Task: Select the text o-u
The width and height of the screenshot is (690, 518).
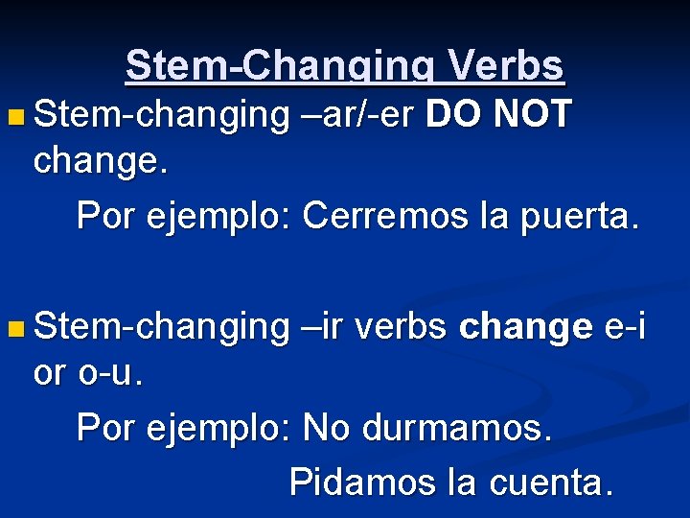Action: point(112,373)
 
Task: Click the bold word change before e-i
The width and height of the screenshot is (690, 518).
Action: point(526,328)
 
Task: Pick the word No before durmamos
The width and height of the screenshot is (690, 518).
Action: point(324,429)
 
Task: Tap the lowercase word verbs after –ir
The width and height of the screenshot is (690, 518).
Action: point(401,327)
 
